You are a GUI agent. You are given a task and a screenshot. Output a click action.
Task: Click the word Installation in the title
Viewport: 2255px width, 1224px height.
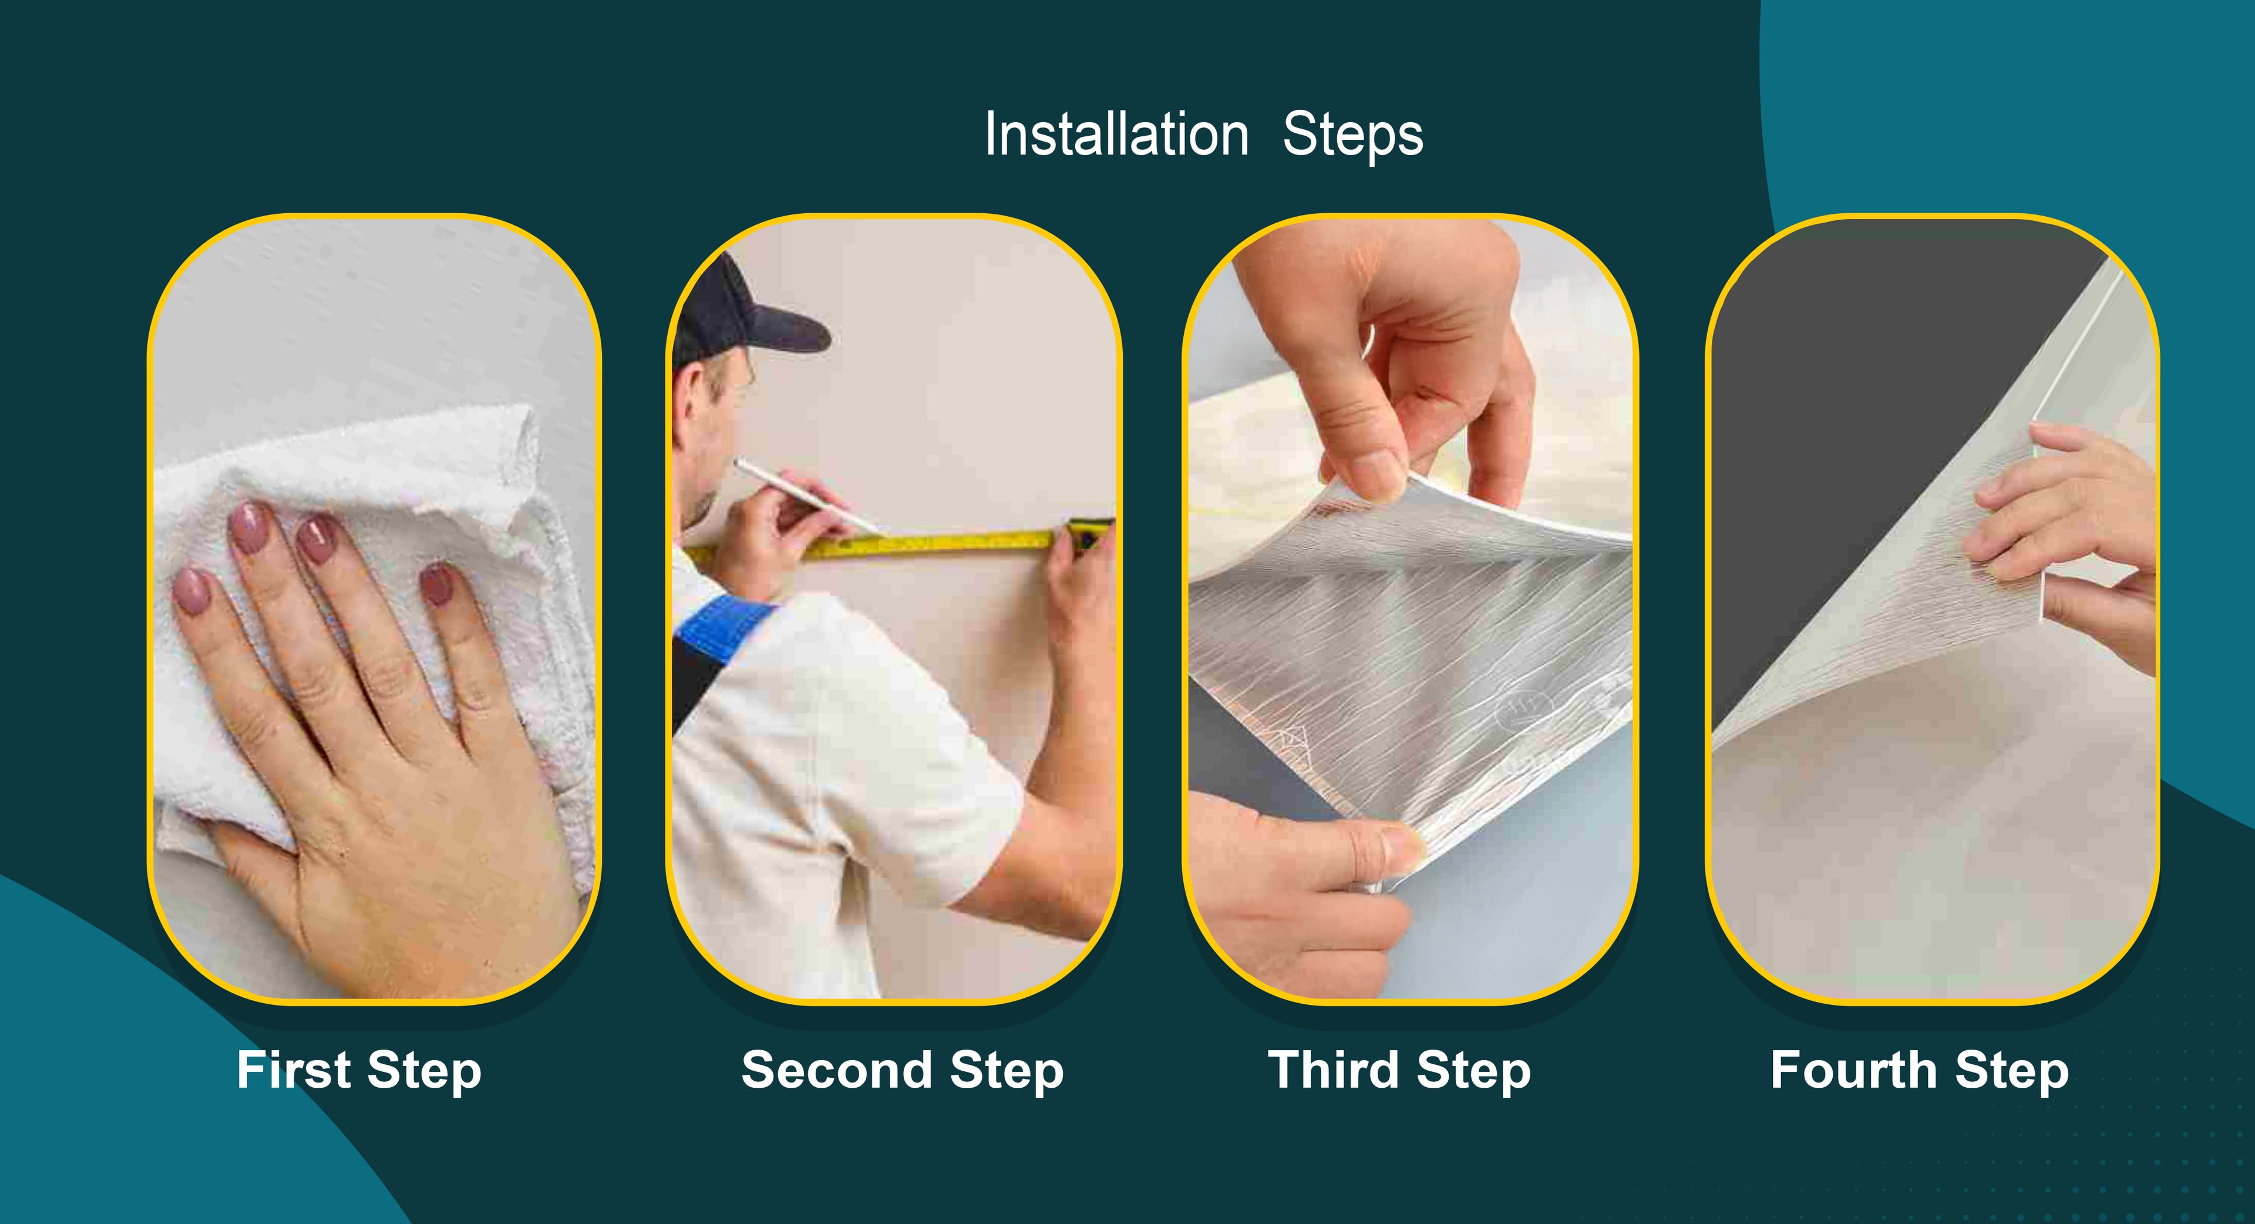1116,135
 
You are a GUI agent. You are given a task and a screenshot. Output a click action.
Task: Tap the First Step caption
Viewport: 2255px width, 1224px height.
359,1070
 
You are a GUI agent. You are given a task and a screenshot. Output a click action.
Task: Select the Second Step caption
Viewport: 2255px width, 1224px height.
903,1070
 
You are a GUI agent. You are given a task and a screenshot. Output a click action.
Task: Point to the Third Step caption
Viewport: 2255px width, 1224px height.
1400,1070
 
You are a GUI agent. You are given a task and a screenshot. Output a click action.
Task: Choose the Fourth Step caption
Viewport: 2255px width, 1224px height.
1920,1070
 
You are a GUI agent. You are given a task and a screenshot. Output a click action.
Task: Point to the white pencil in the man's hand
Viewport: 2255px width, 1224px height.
805,494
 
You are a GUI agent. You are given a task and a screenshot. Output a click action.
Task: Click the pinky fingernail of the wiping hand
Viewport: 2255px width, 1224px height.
437,585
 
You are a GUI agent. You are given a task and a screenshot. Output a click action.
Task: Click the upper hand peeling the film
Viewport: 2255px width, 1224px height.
1418,368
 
